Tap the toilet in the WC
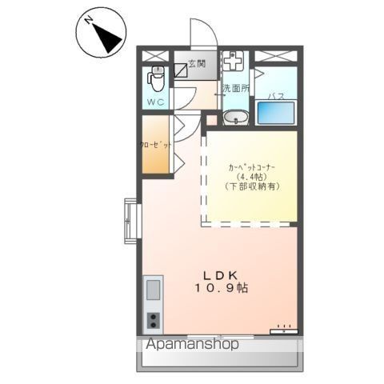157,79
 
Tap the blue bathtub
276,111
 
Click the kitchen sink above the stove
154,289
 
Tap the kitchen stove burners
154,319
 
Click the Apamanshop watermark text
192,346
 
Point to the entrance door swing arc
199,32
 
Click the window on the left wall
130,218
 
